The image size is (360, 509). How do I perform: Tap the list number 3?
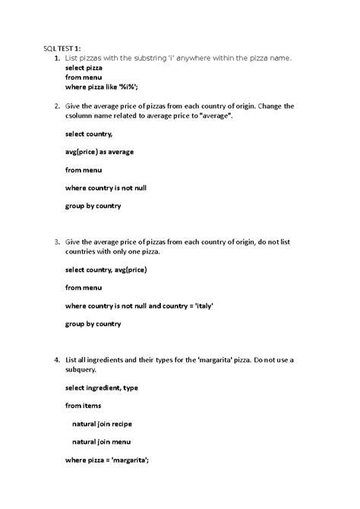(x=48, y=242)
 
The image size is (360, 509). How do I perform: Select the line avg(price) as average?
(x=99, y=152)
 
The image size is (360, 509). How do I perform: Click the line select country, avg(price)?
(x=106, y=270)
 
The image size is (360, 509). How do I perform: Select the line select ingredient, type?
(x=102, y=387)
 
